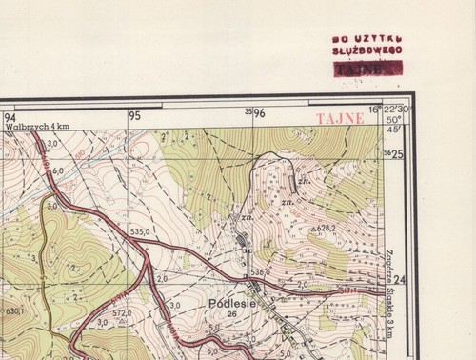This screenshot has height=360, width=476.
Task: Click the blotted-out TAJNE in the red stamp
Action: click(366, 68)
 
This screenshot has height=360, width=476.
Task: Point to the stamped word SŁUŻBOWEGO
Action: click(367, 48)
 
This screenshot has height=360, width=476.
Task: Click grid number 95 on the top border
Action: click(134, 115)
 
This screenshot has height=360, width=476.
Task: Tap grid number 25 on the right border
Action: click(397, 154)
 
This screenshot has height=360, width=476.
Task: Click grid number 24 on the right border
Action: click(399, 279)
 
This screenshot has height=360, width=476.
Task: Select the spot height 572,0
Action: click(121, 312)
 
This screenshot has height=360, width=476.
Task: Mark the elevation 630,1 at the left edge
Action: click(12, 310)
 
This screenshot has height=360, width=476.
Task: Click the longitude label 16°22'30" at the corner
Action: click(392, 110)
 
